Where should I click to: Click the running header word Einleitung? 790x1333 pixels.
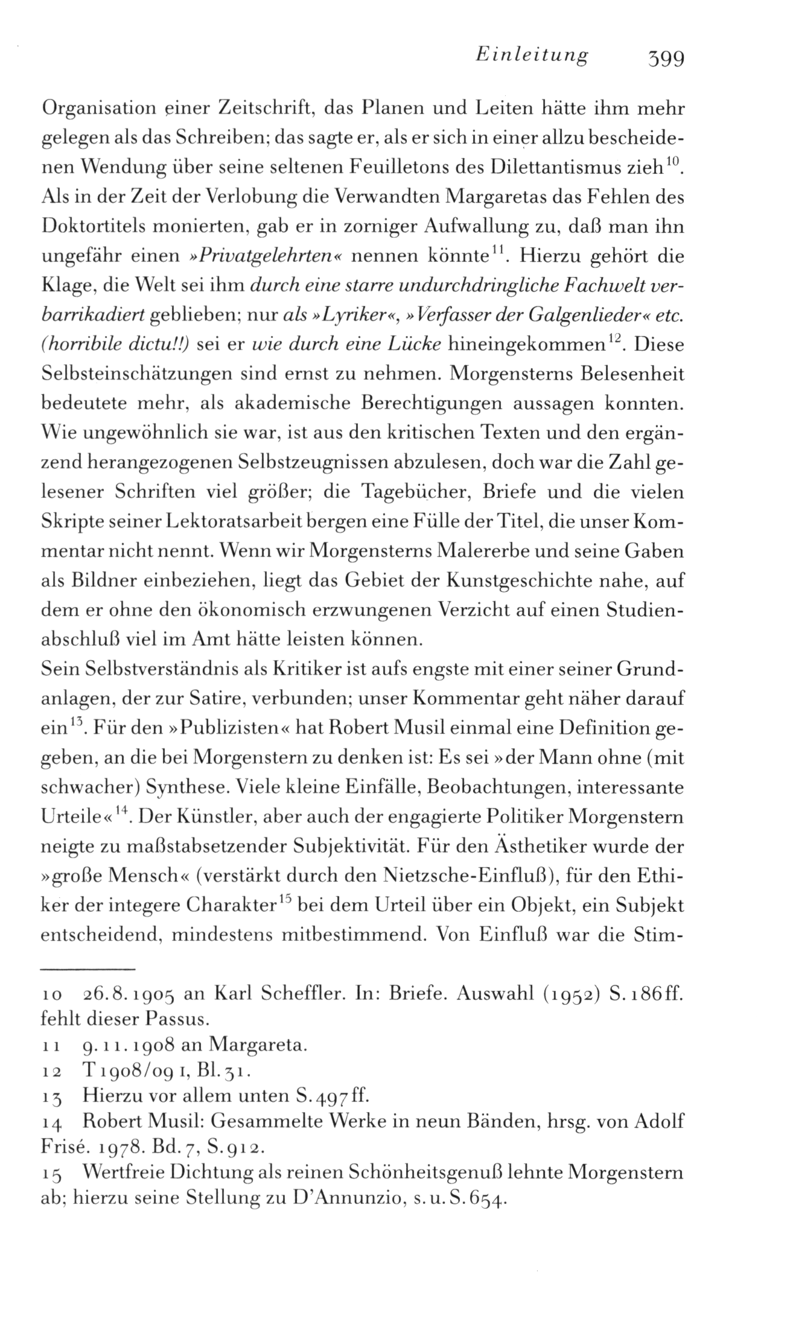[x=532, y=56]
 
